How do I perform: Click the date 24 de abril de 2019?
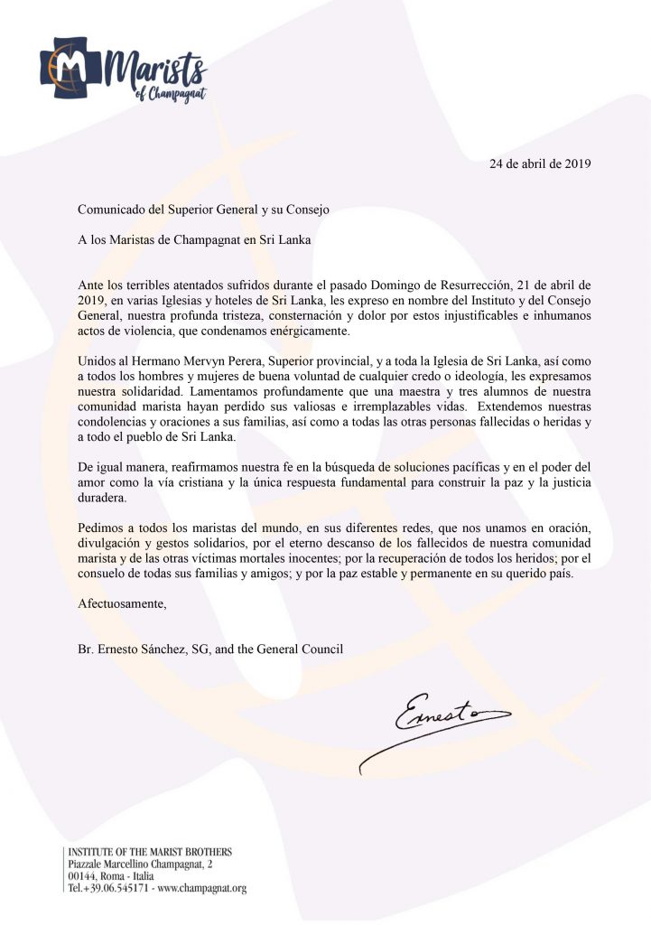pos(540,164)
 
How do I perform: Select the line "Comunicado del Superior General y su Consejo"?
pos(203,210)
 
